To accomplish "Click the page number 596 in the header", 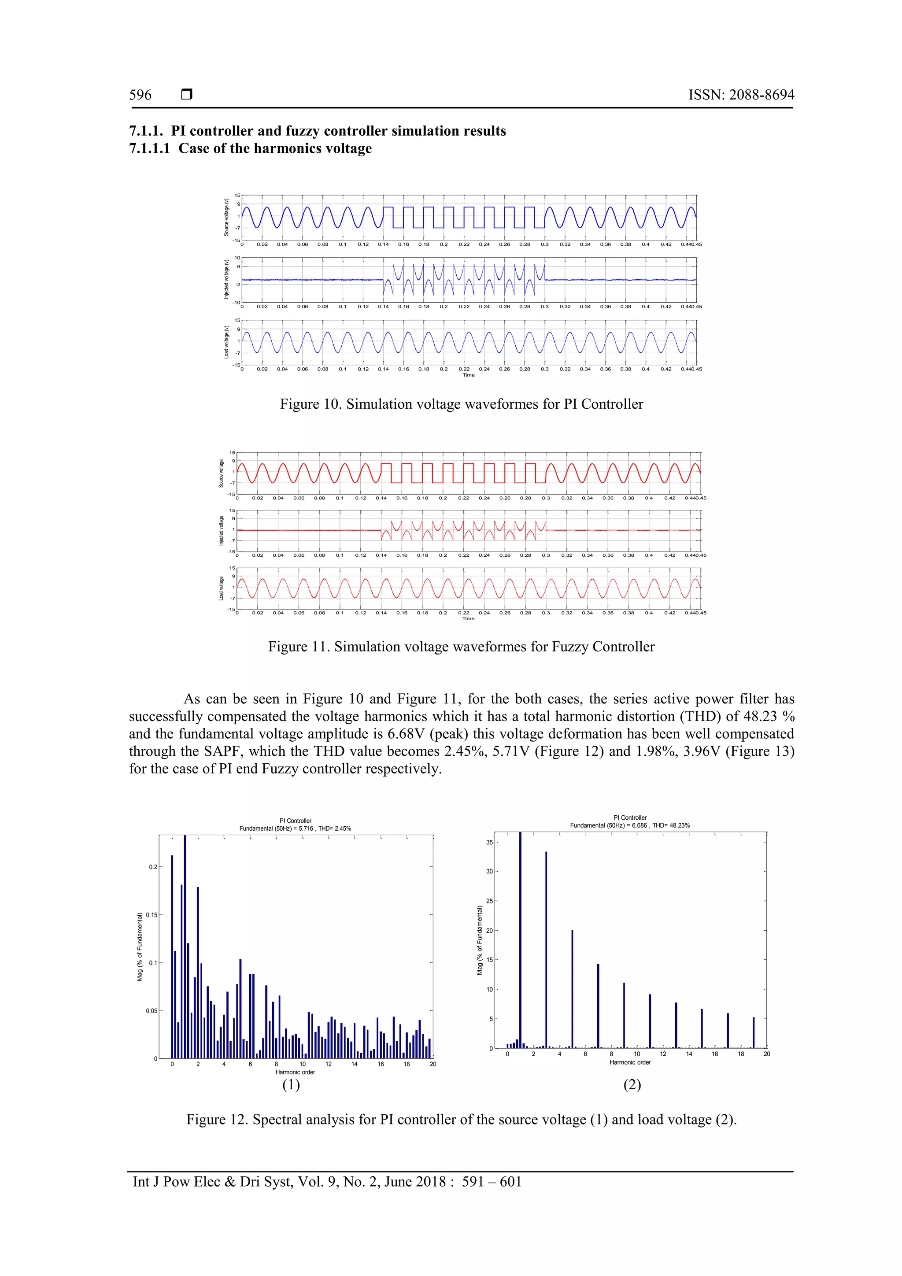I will [140, 95].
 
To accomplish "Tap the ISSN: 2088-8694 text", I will [741, 95].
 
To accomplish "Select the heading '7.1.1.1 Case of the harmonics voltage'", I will [250, 148].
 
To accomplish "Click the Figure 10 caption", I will [461, 404].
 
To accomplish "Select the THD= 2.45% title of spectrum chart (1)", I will [335, 828].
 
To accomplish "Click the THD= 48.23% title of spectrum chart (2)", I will [671, 825].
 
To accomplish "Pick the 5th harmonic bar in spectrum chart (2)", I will [572, 989].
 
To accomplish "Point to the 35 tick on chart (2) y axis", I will [489, 842].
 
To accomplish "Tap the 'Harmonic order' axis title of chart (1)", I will [295, 1072].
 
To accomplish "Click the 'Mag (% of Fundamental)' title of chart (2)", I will [480, 940].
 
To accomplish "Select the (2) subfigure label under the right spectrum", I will [632, 1084].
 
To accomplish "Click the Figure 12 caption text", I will [461, 1119].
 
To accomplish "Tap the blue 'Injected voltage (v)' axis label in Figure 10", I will [227, 280].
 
